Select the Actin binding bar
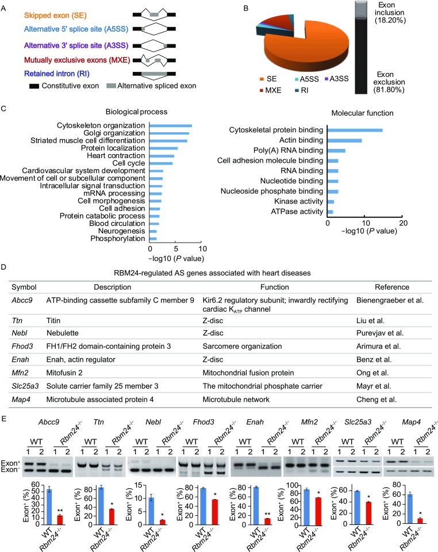344,140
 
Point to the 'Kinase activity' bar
331,201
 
